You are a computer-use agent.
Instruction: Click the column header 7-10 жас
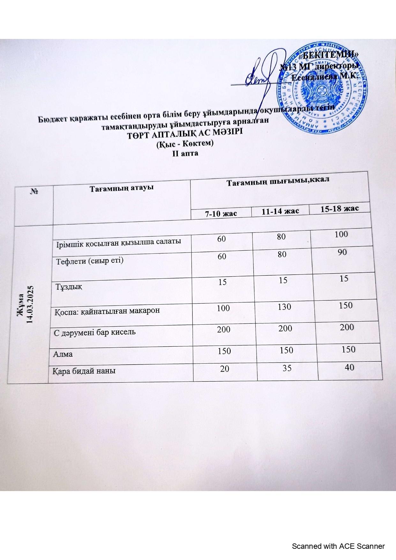221,213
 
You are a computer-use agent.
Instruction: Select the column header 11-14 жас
280,211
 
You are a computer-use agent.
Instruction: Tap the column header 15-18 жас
340,208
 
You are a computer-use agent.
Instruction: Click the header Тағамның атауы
121,188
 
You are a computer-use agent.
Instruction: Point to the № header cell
34,191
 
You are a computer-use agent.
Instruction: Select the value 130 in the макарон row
284,307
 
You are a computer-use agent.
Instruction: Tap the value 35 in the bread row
287,368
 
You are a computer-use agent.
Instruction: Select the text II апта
185,153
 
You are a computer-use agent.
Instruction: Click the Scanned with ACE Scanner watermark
338,546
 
